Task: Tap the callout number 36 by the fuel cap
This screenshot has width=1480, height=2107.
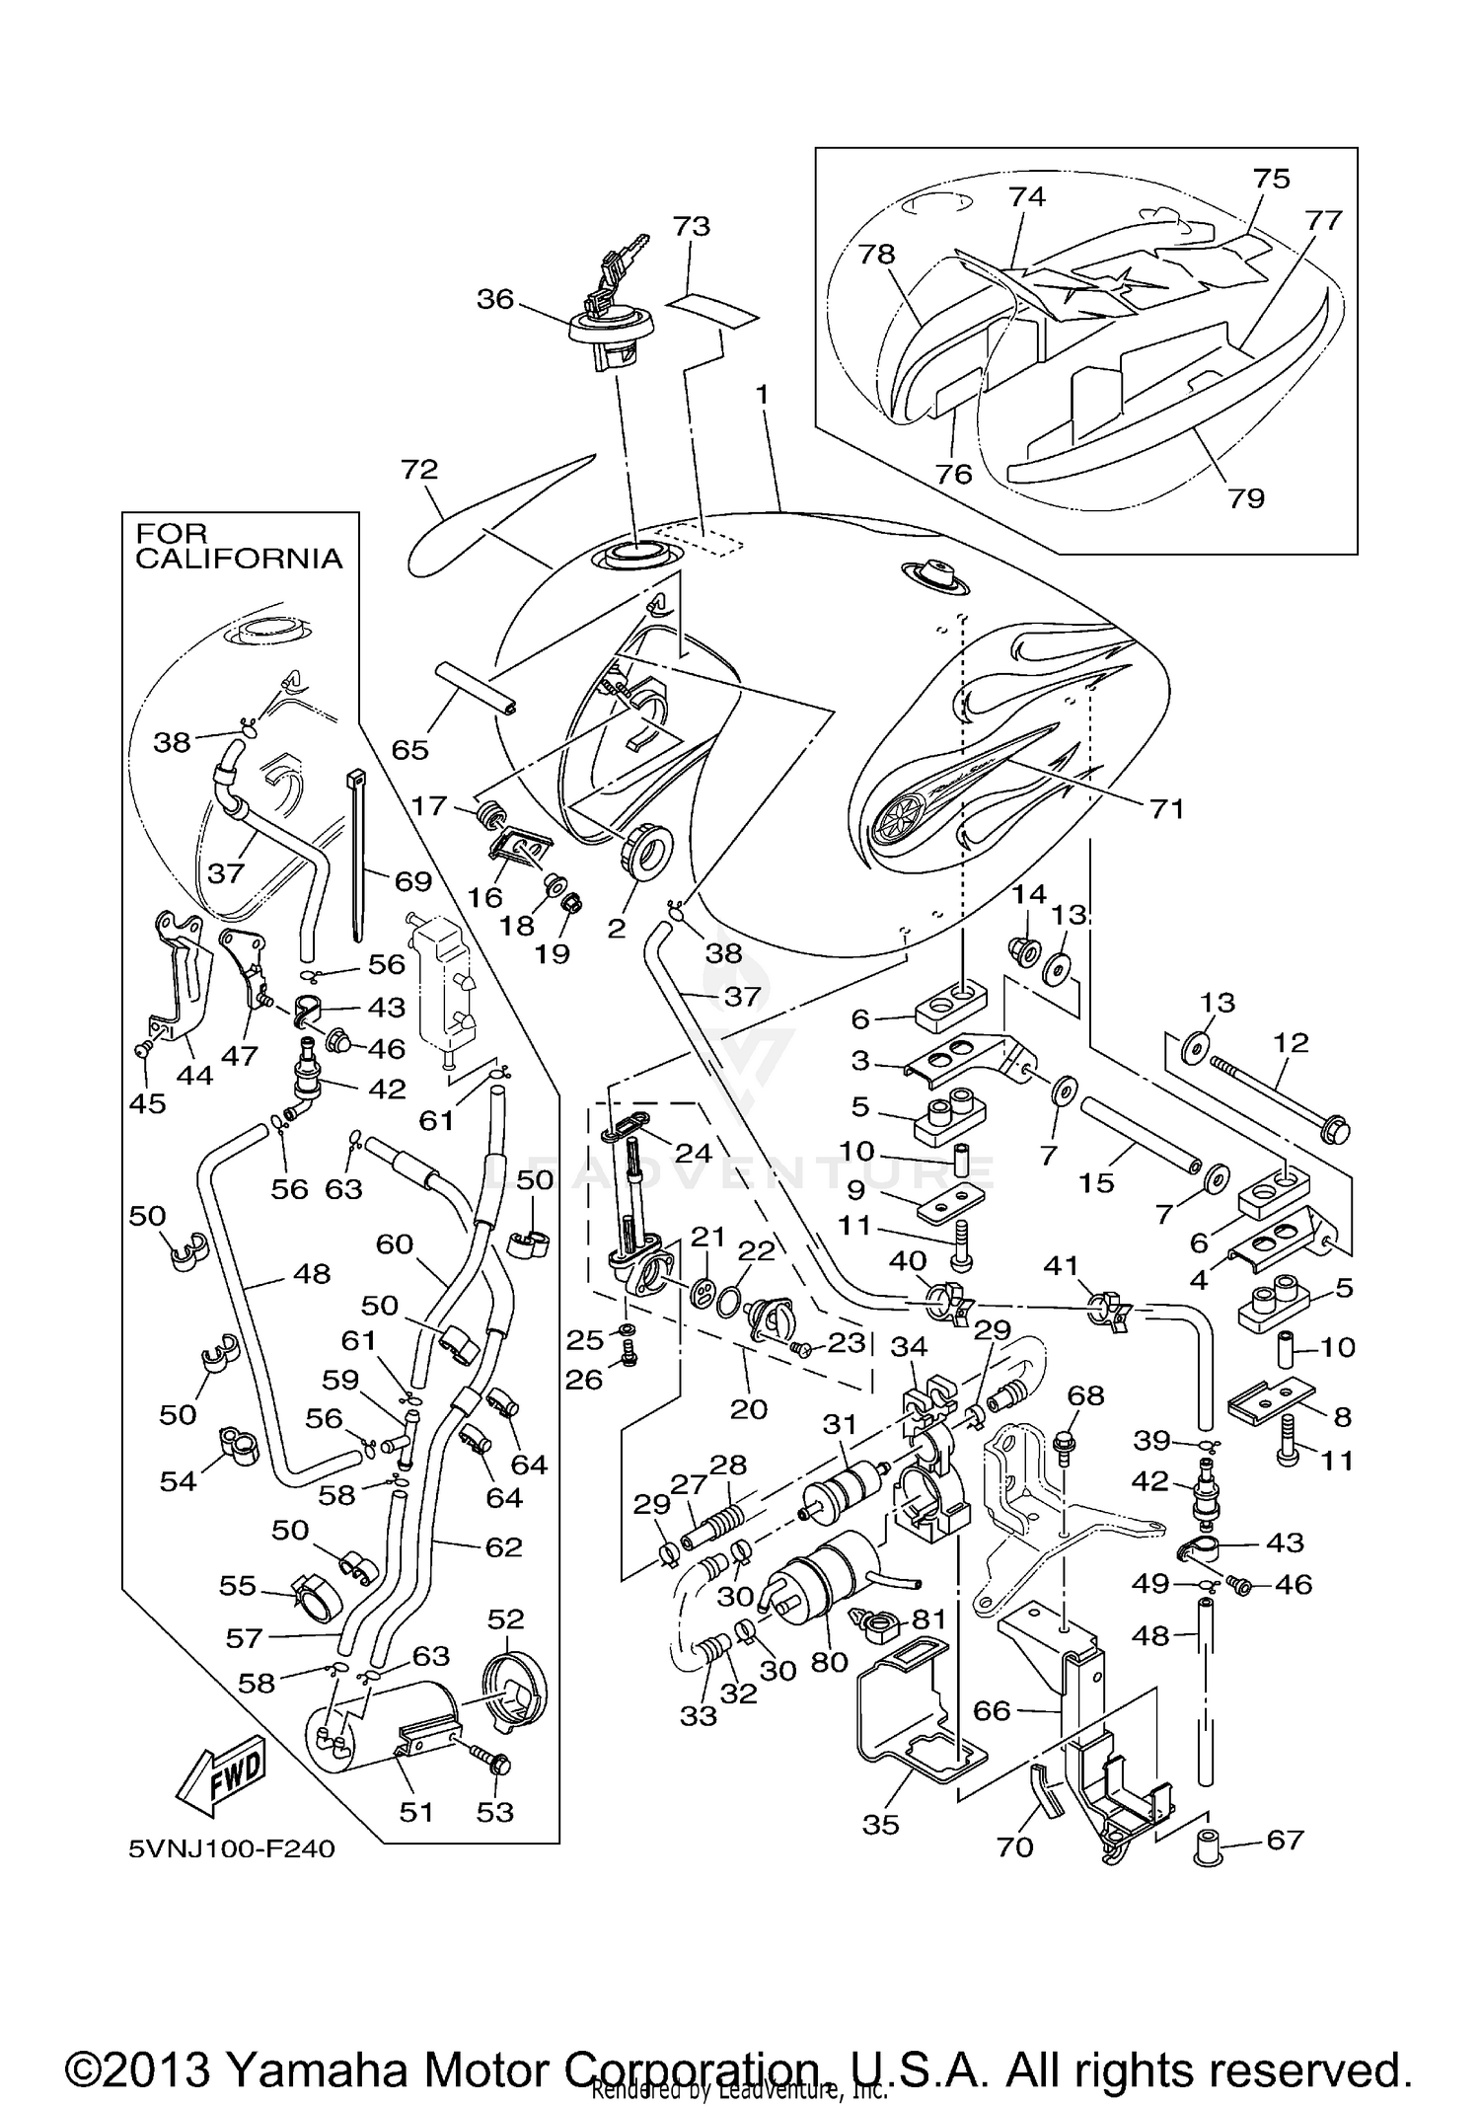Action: pos(495,298)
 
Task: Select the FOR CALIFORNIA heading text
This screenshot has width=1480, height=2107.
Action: pos(238,546)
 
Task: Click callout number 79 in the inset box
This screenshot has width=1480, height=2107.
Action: pos(1246,497)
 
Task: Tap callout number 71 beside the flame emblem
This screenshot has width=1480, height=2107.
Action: pos(1166,809)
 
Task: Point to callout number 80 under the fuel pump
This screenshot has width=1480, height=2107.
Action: pos(829,1662)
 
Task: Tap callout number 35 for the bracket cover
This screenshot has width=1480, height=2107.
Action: pos(880,1825)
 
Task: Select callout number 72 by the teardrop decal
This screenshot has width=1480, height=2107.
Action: pos(418,469)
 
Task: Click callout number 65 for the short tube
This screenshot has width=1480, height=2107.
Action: pos(409,749)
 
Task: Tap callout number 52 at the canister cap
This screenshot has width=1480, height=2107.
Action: pos(505,1619)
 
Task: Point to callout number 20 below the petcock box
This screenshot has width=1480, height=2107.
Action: pos(748,1408)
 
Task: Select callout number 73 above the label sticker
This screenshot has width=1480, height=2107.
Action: pos(691,226)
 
